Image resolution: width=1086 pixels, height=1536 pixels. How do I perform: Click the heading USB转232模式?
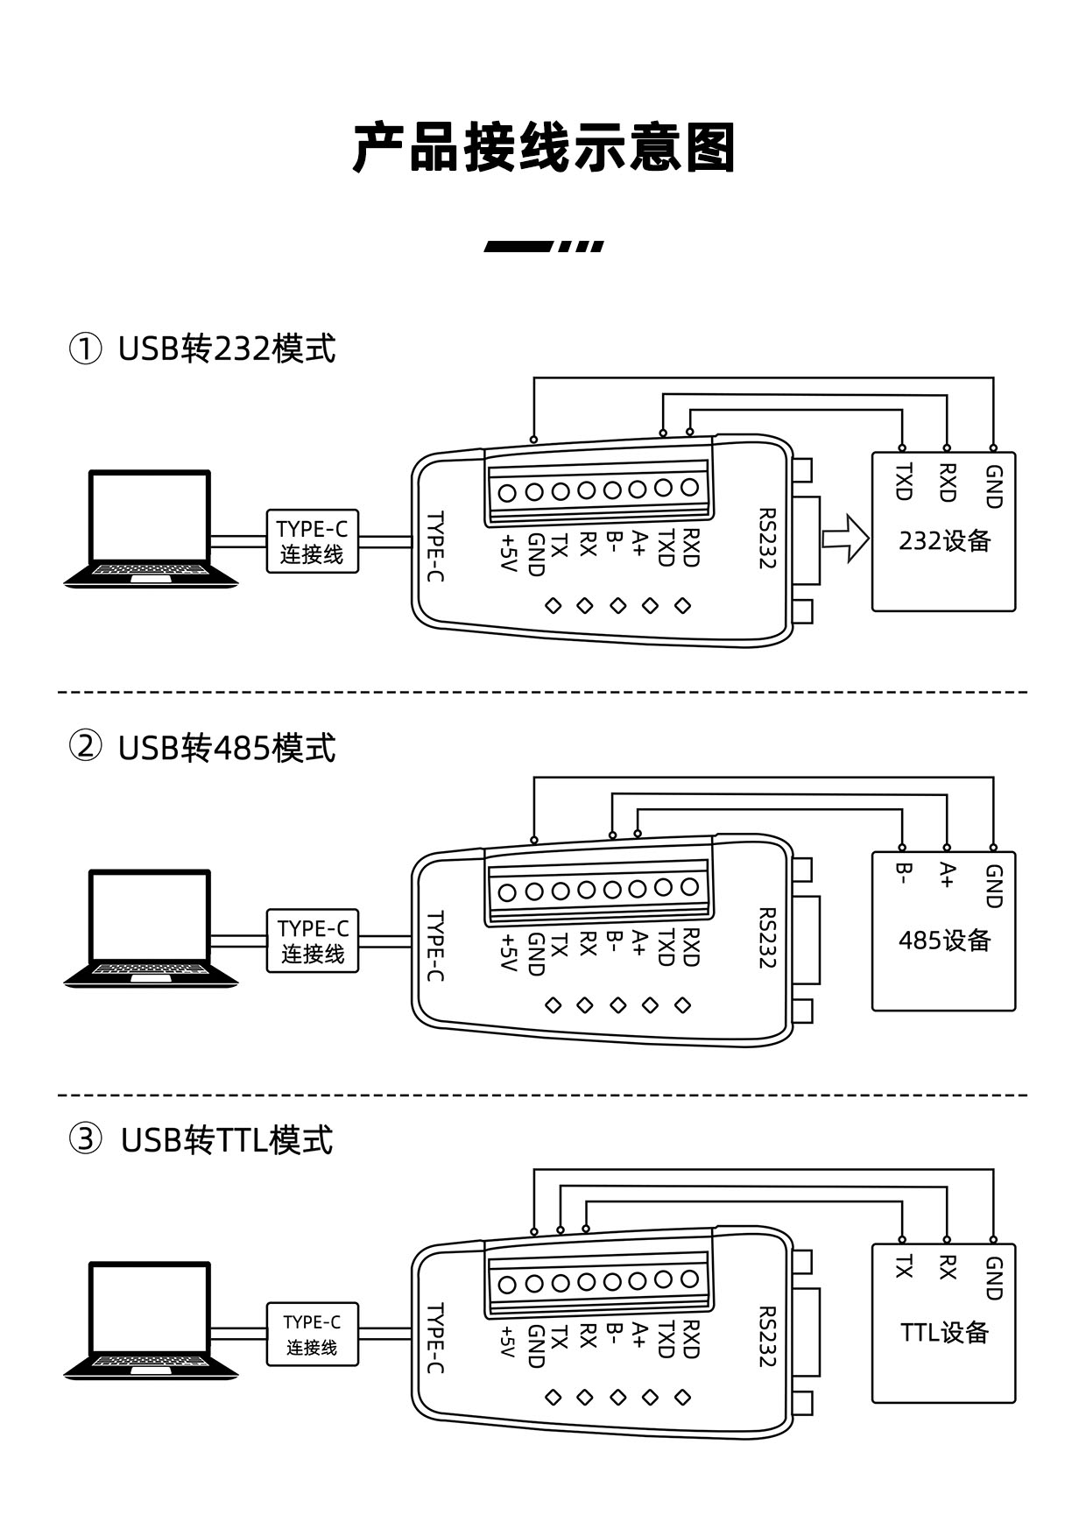[x=227, y=349]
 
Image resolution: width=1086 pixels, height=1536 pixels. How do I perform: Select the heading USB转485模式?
[x=227, y=748]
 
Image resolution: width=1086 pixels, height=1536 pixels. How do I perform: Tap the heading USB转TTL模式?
[x=227, y=1140]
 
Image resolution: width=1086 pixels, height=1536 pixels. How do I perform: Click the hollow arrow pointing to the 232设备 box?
[x=845, y=539]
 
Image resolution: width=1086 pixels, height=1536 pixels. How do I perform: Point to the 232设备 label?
[x=944, y=540]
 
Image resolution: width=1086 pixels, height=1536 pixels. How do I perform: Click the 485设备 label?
[x=944, y=941]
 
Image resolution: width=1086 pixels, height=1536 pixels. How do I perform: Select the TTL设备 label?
[x=944, y=1332]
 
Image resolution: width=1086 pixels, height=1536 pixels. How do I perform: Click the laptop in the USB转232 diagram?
[x=151, y=528]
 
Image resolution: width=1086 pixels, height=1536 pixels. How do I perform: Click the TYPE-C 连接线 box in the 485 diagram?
[x=313, y=941]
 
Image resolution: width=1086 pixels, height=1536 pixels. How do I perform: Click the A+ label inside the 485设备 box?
[x=947, y=876]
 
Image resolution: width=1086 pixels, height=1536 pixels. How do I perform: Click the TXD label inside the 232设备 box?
[x=903, y=482]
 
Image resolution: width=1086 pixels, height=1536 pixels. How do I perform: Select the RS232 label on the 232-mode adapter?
[x=767, y=539]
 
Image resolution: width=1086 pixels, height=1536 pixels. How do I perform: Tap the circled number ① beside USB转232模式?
[x=85, y=349]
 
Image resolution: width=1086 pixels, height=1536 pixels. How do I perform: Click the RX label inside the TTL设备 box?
[x=947, y=1267]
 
